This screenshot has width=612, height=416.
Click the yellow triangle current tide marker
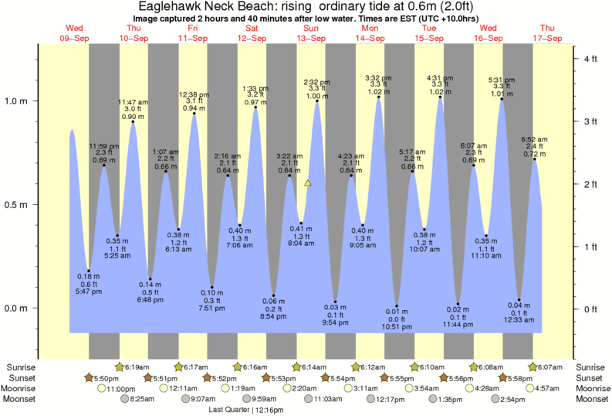308,183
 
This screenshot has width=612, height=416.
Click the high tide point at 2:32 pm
317,101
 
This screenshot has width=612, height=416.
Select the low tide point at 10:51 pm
397,306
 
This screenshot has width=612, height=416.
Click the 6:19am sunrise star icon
120,367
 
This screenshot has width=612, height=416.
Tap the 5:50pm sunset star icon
90,377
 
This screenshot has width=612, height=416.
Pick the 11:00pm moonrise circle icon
101,388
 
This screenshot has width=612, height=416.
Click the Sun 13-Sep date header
311,32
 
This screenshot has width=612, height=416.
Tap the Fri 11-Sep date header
192,32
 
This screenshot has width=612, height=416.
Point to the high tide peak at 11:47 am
134,121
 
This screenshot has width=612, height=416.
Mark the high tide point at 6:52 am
534,159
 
